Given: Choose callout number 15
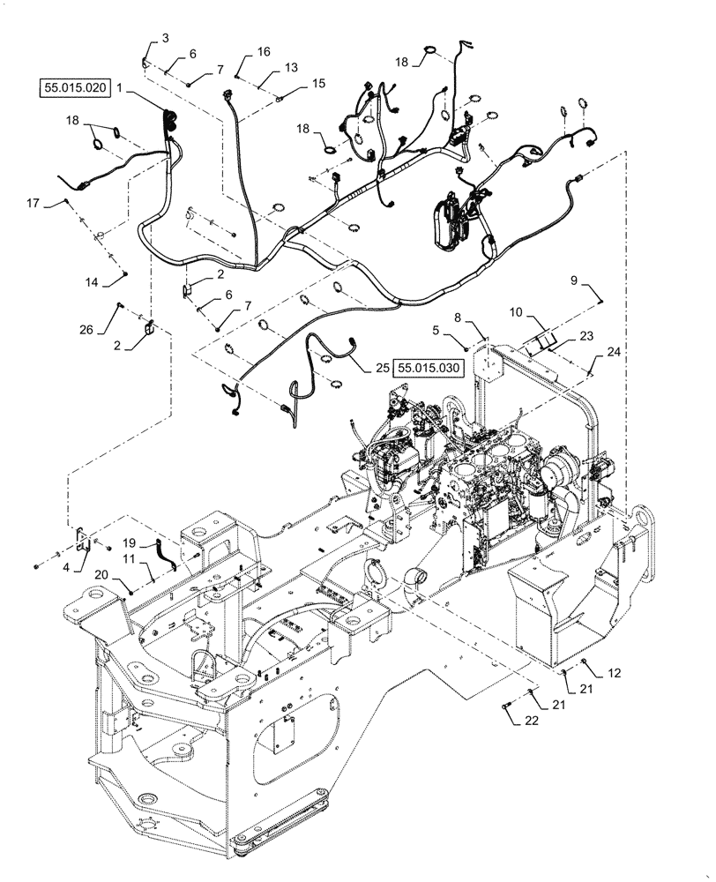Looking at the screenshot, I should (318, 84).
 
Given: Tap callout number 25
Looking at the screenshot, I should (381, 366).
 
